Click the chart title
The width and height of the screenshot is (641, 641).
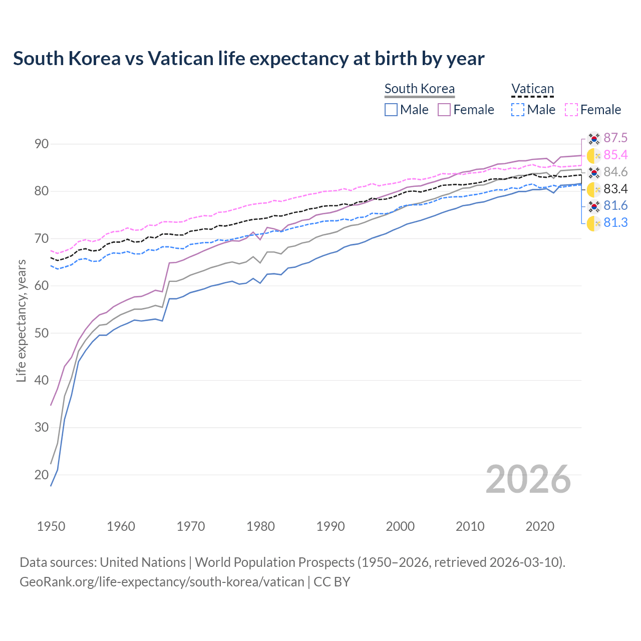coord(248,59)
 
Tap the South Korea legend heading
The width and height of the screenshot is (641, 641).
coord(419,89)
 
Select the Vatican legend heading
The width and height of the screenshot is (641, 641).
coord(532,89)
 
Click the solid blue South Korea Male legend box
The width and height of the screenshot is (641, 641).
coord(391,110)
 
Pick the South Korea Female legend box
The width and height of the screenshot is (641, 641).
coord(445,110)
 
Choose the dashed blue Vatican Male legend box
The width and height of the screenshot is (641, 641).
coord(518,110)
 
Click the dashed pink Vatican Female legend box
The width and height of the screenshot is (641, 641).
coord(571,110)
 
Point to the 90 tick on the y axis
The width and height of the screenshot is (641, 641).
coord(42,144)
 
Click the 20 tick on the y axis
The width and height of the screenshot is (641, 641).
coord(42,475)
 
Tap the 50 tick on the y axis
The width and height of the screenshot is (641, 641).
coord(42,333)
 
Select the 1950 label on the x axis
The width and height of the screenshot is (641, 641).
coord(51,526)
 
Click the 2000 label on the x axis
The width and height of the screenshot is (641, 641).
coord(400,526)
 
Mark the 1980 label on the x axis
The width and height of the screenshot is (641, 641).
coord(260,526)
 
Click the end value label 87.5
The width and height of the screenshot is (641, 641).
coord(615,138)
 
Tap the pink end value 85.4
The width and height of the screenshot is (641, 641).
coord(615,155)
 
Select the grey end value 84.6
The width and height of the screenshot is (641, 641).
coord(615,172)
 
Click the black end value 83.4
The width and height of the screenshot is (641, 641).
coord(615,189)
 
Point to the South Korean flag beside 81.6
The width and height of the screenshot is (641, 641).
coord(594,206)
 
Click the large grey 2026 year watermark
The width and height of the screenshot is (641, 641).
coord(528,479)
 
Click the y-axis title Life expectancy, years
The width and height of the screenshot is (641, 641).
coord(22,320)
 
